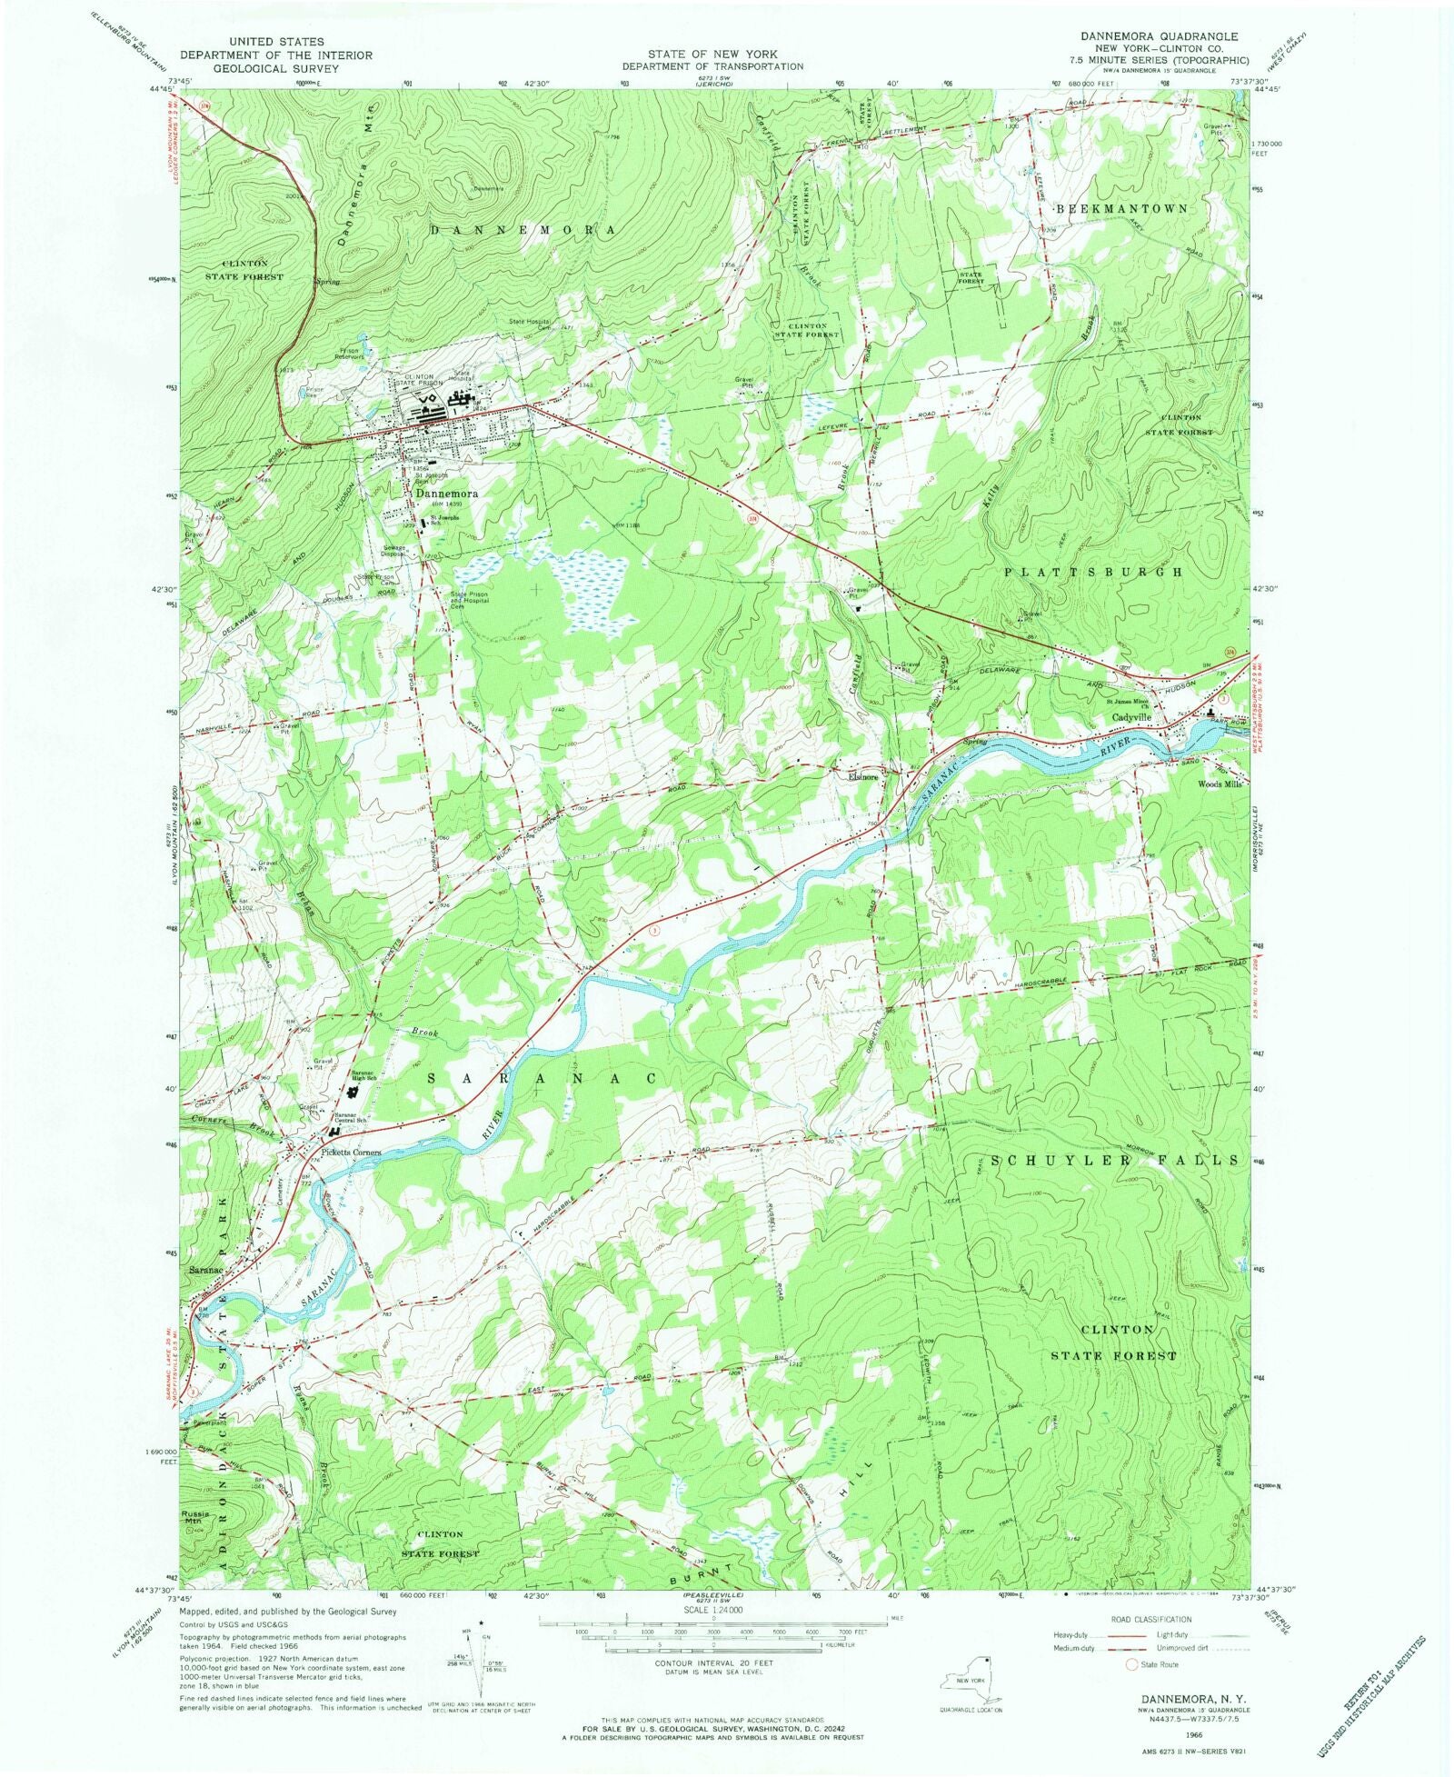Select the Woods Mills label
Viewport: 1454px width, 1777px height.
coord(1219,784)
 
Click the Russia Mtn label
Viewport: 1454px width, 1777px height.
coord(195,1517)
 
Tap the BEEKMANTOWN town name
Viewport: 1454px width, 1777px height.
coord(1122,209)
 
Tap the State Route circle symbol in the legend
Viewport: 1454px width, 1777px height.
coord(1131,1664)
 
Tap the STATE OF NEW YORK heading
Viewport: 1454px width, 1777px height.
coord(712,55)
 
